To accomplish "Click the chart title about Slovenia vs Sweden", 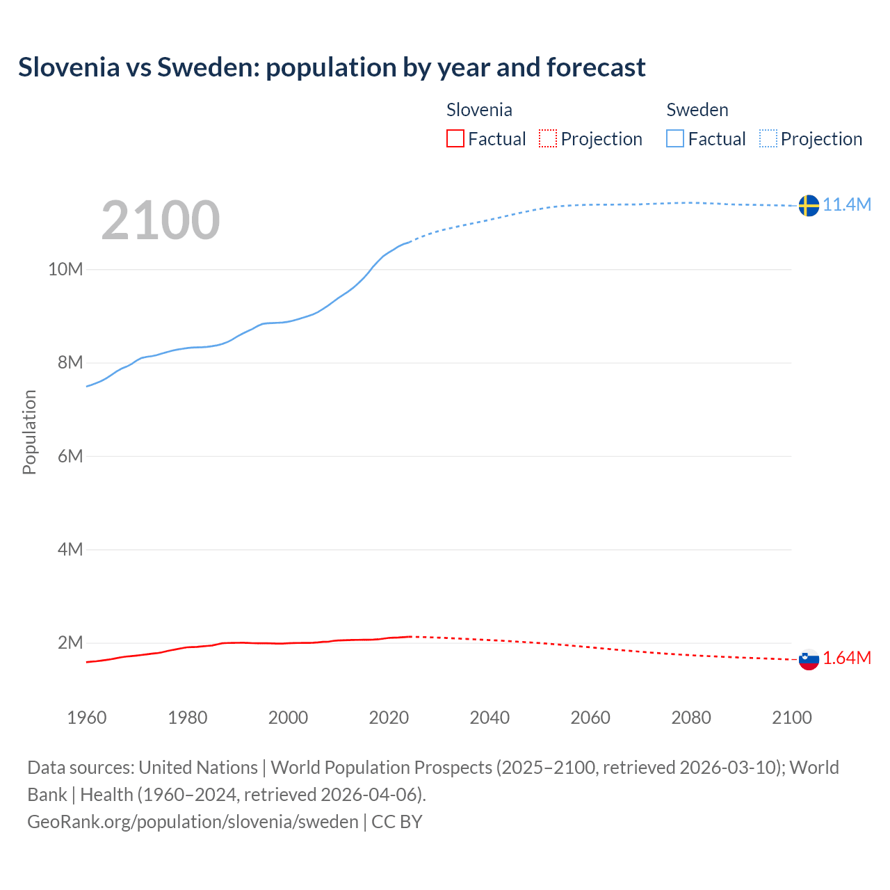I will [x=332, y=67].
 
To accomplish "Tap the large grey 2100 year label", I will [x=161, y=220].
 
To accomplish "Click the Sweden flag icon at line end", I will [x=808, y=205].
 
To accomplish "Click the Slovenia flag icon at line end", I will [x=808, y=659].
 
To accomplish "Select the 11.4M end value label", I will [x=847, y=204].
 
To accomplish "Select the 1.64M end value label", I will [x=847, y=658].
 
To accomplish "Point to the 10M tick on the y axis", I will [x=65, y=269].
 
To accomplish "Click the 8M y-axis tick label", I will [x=70, y=362].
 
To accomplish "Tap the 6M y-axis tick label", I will [x=70, y=456].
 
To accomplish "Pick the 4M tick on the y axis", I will [x=70, y=549].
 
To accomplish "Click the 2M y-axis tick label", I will [x=70, y=642].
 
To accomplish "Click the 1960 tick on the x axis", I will [x=87, y=718].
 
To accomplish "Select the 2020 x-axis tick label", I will [x=389, y=718].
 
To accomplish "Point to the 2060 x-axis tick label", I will [x=590, y=718].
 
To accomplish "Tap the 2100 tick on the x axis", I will [x=791, y=718].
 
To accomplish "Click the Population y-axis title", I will [x=29, y=432].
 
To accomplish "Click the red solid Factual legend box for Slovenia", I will [x=455, y=139].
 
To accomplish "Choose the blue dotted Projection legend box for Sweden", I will [x=768, y=139].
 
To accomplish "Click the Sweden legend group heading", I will [x=697, y=110].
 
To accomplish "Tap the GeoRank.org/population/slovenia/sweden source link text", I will [x=193, y=822].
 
